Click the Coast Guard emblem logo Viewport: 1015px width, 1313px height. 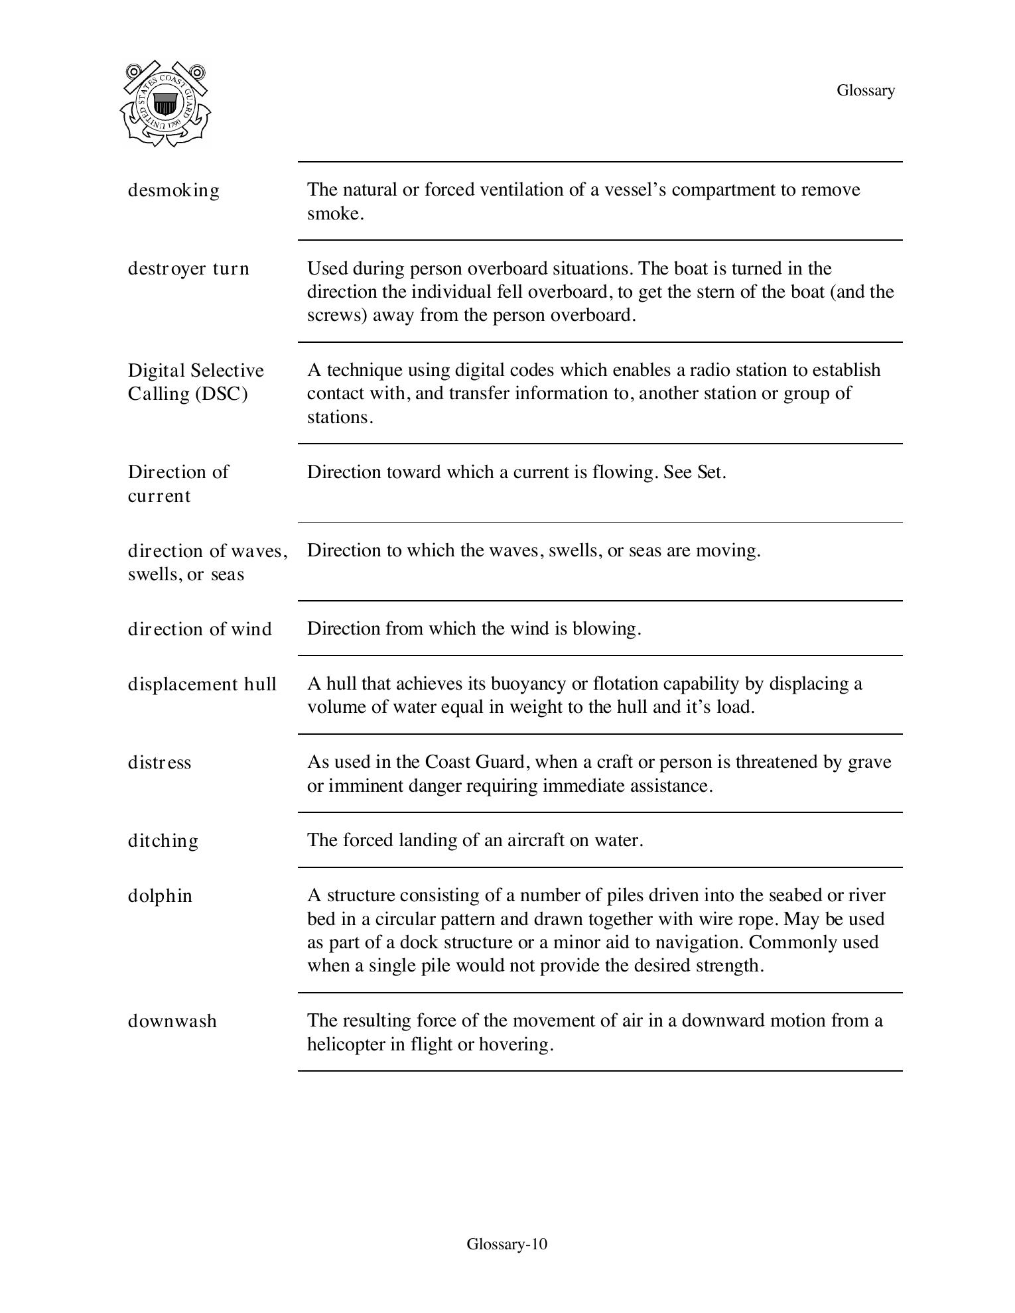coord(165,103)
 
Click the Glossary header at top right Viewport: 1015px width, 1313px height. coord(865,90)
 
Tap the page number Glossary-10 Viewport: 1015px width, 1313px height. coord(507,1243)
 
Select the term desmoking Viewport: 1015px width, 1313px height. coord(173,190)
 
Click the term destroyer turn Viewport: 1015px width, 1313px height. coord(188,269)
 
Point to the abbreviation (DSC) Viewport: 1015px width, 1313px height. coord(221,394)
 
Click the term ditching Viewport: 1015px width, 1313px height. coord(163,841)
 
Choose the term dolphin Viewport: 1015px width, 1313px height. coord(160,896)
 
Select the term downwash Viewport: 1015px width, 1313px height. coord(172,1021)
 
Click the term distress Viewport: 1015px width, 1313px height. coord(159,763)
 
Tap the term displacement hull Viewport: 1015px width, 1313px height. coord(202,684)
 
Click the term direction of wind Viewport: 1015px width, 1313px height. coord(200,629)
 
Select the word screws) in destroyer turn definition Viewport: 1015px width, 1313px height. coord(337,315)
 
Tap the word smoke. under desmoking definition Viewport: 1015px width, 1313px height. coord(335,214)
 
